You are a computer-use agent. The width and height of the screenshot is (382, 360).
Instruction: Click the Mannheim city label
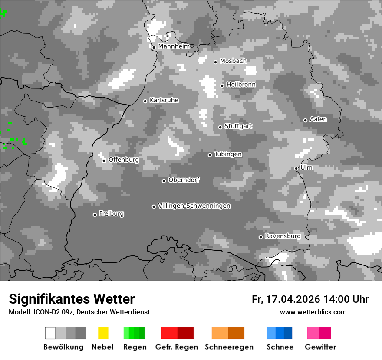[x=174, y=46]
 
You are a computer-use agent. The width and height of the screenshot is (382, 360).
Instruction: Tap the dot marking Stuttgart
[x=221, y=127]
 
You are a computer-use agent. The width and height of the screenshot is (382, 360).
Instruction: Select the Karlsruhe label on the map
[x=164, y=100]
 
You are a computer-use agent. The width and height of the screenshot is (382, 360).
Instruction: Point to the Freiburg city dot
[x=95, y=215]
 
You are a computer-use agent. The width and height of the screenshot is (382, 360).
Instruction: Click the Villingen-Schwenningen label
[x=194, y=206]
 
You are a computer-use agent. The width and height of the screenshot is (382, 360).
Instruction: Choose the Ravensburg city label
[x=283, y=236]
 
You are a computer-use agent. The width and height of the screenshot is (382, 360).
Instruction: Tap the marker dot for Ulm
[x=296, y=168]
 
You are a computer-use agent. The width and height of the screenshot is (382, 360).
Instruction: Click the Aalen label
[x=318, y=119]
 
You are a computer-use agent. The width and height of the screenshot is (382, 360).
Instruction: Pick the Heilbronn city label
[x=241, y=85]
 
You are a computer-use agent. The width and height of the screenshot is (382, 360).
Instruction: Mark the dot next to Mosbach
[x=215, y=62]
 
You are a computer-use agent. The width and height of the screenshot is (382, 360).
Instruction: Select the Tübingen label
[x=228, y=154]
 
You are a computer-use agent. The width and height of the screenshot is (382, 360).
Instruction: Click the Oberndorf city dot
[x=164, y=181]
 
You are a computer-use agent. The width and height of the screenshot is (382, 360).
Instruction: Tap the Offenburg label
[x=123, y=160]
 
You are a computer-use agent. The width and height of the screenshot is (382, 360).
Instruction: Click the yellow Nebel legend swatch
[x=103, y=333]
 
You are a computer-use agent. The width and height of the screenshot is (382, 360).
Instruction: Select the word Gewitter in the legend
[x=320, y=347]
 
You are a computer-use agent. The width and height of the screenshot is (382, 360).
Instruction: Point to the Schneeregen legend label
[x=229, y=347]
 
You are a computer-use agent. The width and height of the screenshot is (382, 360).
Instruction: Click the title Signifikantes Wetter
[x=72, y=299]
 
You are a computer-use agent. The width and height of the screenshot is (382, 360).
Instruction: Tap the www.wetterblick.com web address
[x=313, y=312]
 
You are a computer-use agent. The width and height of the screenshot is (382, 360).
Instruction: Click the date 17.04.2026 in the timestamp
[x=293, y=299]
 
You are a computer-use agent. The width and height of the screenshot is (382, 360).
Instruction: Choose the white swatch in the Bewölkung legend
[x=50, y=333]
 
